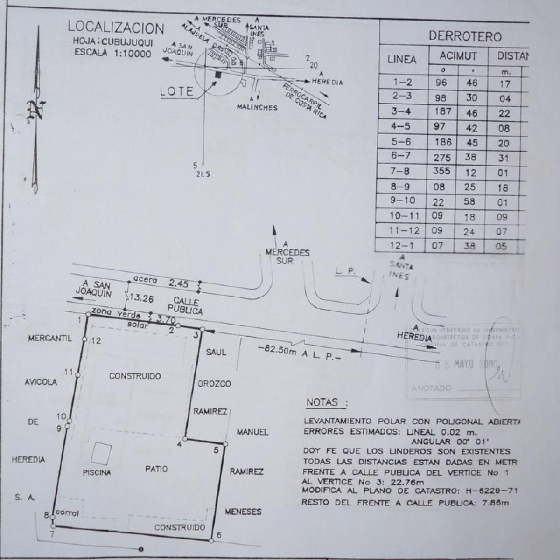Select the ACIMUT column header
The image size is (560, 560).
(458, 56)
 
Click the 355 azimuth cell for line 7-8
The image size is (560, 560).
(441, 171)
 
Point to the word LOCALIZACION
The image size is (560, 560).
(116, 28)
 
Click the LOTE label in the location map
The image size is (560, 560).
(176, 91)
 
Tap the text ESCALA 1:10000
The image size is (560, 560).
(113, 53)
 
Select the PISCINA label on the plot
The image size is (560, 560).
(97, 472)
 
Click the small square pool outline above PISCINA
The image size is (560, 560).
(101, 452)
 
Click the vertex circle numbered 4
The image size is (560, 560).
(185, 439)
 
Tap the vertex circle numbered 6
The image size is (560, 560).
(211, 541)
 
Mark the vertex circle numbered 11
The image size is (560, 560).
(78, 374)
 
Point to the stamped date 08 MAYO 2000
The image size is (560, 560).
(467, 365)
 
